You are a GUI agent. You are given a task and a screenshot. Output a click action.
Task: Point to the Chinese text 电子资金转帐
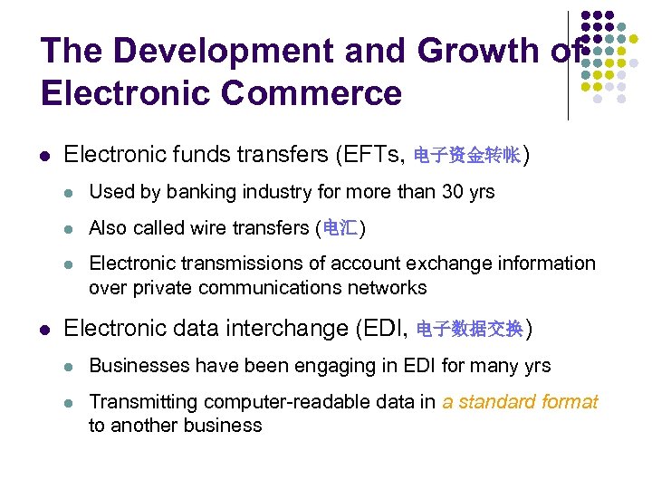[466, 156]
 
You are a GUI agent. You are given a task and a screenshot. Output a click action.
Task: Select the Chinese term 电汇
[340, 227]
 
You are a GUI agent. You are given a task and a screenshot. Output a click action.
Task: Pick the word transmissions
[236, 264]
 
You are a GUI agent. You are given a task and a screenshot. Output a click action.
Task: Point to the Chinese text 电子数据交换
[469, 328]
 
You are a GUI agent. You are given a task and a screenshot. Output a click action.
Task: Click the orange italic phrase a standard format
[520, 402]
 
